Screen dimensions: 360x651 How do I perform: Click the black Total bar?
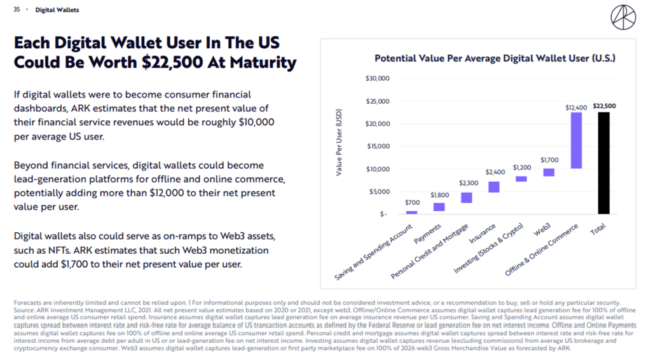(603, 163)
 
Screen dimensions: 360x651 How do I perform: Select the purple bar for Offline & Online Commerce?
(576, 140)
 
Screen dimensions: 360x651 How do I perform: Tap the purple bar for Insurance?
(494, 186)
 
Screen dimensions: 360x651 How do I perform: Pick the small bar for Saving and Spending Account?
(412, 212)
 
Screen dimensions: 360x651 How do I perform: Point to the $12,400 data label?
(576, 107)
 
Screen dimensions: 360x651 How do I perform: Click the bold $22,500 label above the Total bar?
(604, 106)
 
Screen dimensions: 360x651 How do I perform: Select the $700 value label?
(412, 203)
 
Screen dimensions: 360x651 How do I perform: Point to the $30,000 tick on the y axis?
(378, 78)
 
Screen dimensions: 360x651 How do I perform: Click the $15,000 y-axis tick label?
(378, 146)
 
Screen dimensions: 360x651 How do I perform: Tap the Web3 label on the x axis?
(542, 230)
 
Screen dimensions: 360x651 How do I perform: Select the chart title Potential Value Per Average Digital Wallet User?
(495, 58)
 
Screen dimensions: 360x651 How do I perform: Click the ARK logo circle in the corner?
(622, 17)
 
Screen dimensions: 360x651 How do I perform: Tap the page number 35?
(17, 10)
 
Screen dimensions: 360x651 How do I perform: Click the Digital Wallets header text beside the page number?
(57, 10)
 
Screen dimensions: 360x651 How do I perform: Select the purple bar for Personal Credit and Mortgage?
(467, 197)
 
